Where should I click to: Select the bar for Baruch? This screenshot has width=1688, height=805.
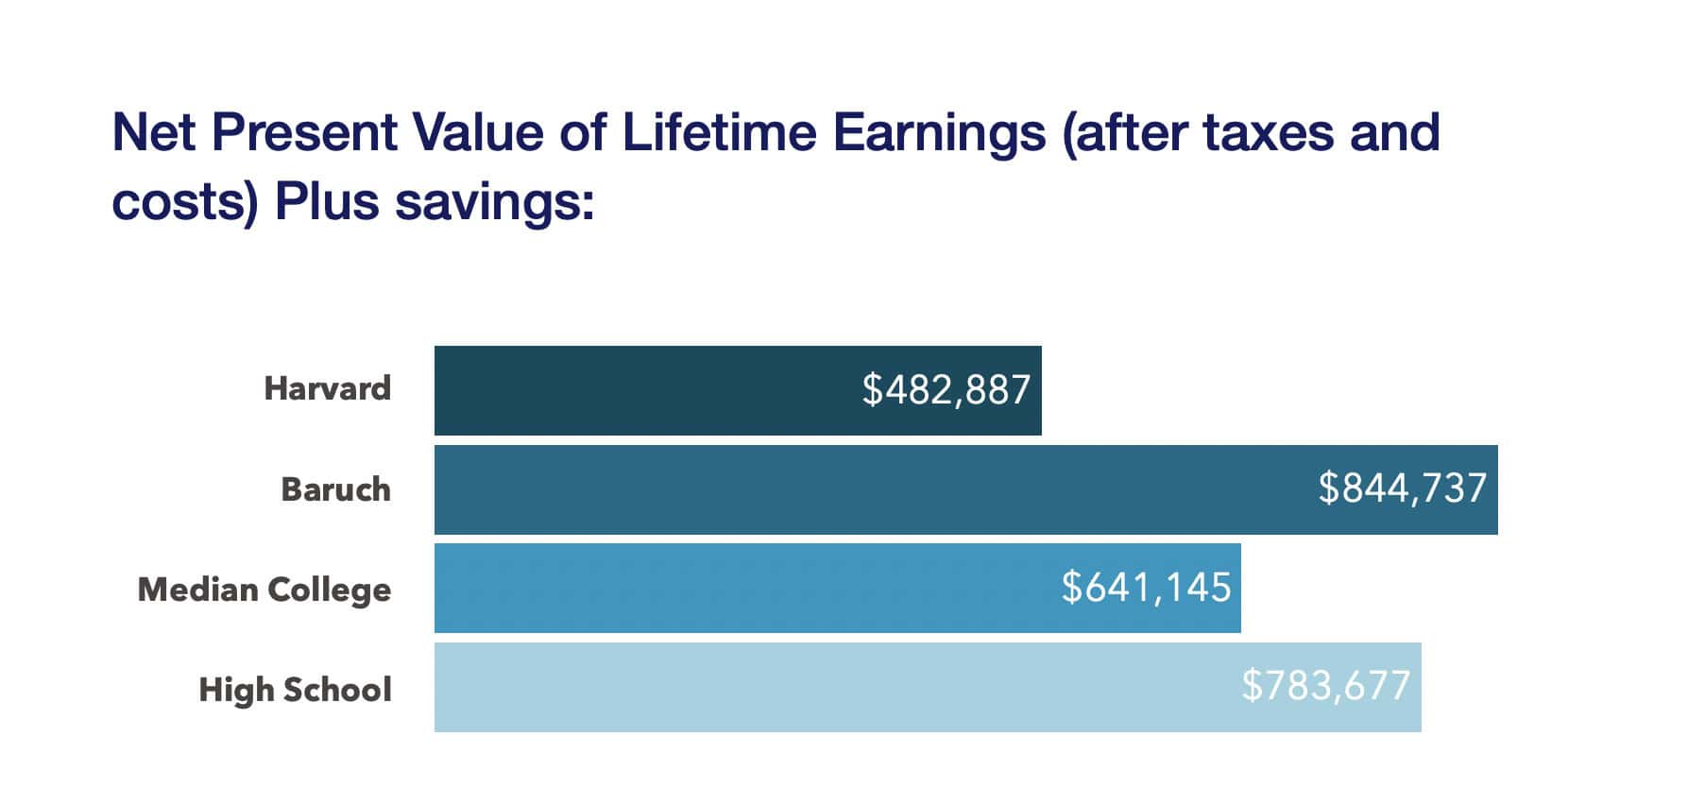(x=850, y=489)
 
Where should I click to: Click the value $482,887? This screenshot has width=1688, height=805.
(x=946, y=390)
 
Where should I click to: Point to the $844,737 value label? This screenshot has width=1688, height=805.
(x=1403, y=488)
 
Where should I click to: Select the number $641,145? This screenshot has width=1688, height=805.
(x=1146, y=588)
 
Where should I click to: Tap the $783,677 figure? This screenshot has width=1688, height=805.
(x=1325, y=686)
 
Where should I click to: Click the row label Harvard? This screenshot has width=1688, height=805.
(x=327, y=388)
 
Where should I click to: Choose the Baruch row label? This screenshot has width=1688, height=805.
(x=335, y=489)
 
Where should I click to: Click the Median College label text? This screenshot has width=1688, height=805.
(x=264, y=590)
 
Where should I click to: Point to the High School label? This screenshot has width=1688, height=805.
(x=295, y=690)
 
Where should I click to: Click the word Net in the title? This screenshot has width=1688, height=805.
(x=154, y=132)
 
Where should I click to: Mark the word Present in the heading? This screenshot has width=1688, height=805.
(x=304, y=132)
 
